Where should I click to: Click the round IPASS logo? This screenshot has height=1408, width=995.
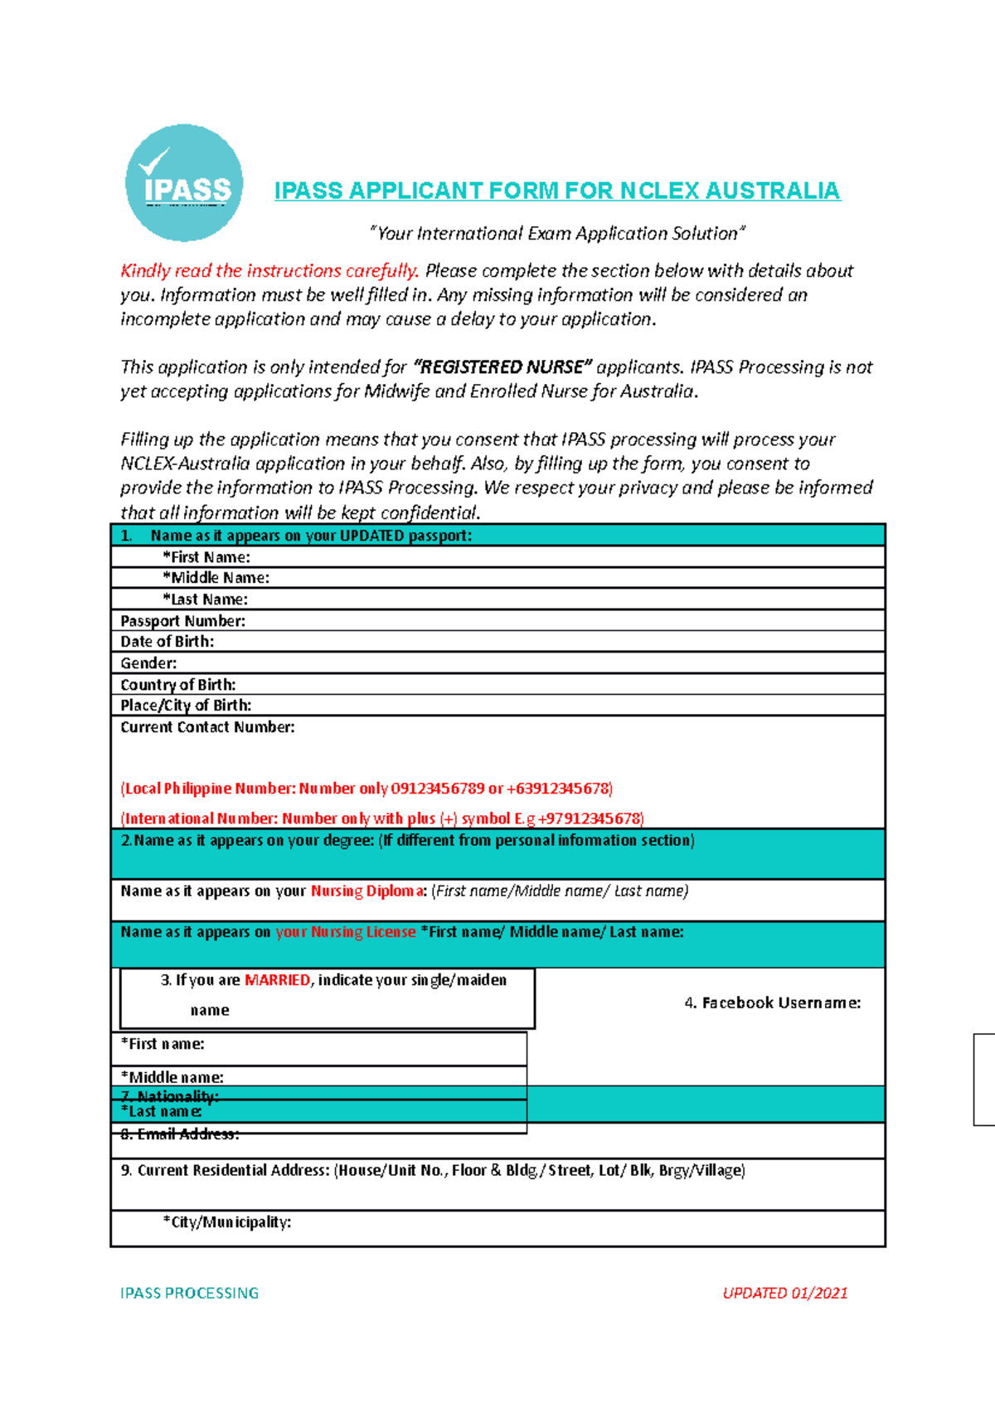pos(184,183)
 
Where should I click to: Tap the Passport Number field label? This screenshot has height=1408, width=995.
pos(182,621)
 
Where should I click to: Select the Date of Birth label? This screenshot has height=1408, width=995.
pos(167,642)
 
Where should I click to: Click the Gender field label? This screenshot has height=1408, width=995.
pos(148,663)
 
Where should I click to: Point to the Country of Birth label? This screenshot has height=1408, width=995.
pos(177,685)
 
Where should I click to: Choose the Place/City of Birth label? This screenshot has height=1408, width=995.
pos(186,706)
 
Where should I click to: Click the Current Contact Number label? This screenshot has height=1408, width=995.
pos(207,727)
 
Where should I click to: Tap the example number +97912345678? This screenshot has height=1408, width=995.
pos(590,818)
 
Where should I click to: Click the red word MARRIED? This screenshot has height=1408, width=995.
pos(277,980)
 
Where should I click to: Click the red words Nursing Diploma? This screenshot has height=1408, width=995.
pos(366,891)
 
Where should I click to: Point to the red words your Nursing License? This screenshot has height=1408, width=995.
pos(345,932)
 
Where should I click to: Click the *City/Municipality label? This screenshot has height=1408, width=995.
pos(226,1222)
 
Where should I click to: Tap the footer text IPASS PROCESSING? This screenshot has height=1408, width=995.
pos(189,1293)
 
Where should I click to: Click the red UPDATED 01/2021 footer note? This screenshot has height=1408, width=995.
pos(784,1293)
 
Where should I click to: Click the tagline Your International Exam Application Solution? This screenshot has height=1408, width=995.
pos(556,234)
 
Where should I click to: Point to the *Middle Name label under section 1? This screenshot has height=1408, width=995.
pos(216,578)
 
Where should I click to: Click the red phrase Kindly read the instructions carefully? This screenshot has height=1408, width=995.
pos(269,271)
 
